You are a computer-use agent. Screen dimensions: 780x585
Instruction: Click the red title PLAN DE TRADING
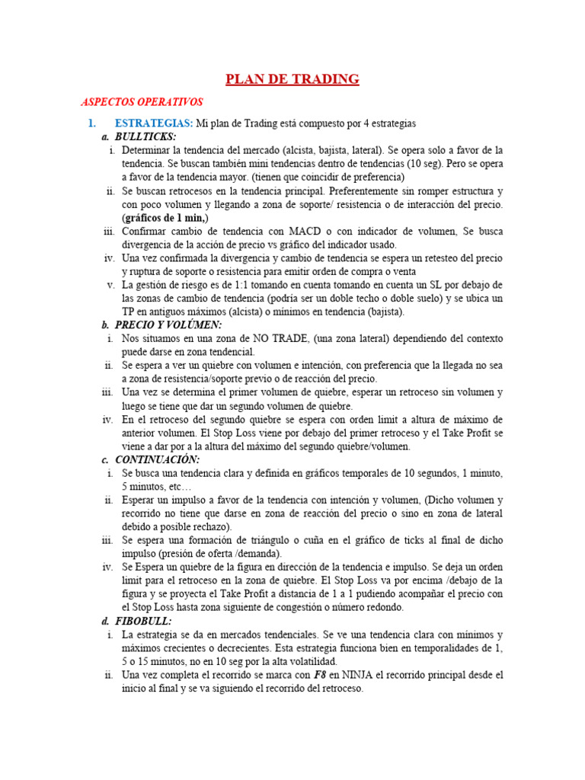(292, 79)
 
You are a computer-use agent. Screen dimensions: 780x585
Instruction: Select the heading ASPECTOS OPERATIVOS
(142, 101)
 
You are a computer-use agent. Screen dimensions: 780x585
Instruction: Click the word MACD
(304, 231)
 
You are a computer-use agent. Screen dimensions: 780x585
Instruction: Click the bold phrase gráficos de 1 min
(164, 218)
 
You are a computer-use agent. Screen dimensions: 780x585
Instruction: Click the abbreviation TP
(129, 312)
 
